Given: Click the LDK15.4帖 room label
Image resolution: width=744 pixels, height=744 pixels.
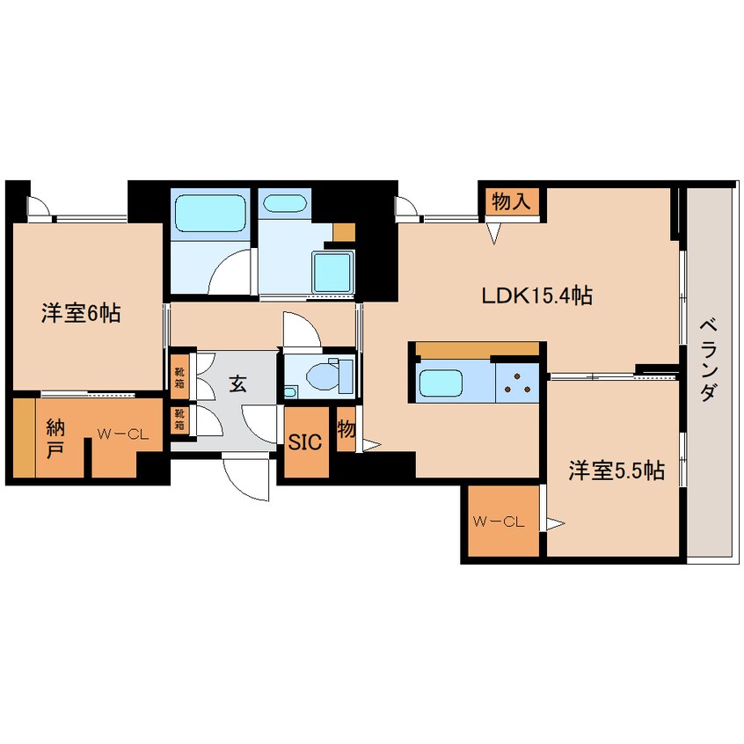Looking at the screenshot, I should coord(536,296).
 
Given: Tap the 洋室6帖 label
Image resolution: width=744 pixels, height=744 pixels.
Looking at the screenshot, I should coord(80,313).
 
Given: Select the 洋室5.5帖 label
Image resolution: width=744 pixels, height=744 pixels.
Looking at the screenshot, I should coord(615,471).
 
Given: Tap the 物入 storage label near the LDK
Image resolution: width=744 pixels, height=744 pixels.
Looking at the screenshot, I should coord(511,201).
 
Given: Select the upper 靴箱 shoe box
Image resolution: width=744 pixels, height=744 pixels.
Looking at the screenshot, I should coord(179,376).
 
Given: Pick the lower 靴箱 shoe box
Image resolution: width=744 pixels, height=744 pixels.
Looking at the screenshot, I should coord(179,418).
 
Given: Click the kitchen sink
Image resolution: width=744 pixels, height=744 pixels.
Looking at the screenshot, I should coord(446,383).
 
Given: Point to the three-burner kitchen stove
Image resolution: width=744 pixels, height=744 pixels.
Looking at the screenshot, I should coord(516,383).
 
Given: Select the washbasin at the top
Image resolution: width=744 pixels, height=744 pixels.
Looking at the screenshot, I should coord(284,205).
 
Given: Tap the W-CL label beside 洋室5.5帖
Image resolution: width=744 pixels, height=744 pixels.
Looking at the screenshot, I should coord(499,522).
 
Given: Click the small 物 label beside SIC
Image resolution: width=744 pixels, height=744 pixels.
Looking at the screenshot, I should coord(346,430).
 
